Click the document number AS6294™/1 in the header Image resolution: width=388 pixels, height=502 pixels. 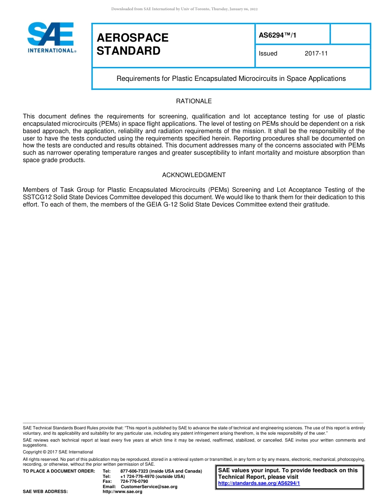(x=278, y=36)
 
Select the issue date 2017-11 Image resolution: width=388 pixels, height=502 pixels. (x=316, y=53)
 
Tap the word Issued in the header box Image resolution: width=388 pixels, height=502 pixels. (x=268, y=53)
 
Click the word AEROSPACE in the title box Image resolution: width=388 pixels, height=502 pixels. (x=132, y=38)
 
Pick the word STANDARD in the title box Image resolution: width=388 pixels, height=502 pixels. (x=128, y=51)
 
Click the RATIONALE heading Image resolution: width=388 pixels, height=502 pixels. (x=194, y=101)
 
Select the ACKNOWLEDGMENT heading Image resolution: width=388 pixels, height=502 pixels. (x=194, y=175)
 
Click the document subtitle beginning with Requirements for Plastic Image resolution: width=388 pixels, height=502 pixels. (x=231, y=78)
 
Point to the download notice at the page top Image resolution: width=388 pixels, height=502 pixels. (x=184, y=9)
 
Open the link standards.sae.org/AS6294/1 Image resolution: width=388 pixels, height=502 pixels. (x=259, y=483)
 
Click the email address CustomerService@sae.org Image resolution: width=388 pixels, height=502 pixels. (x=149, y=486)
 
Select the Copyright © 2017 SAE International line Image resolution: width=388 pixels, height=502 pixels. (x=58, y=452)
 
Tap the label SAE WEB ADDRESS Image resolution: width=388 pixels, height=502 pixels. (x=45, y=491)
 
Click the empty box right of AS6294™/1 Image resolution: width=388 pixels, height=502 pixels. (x=350, y=34)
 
